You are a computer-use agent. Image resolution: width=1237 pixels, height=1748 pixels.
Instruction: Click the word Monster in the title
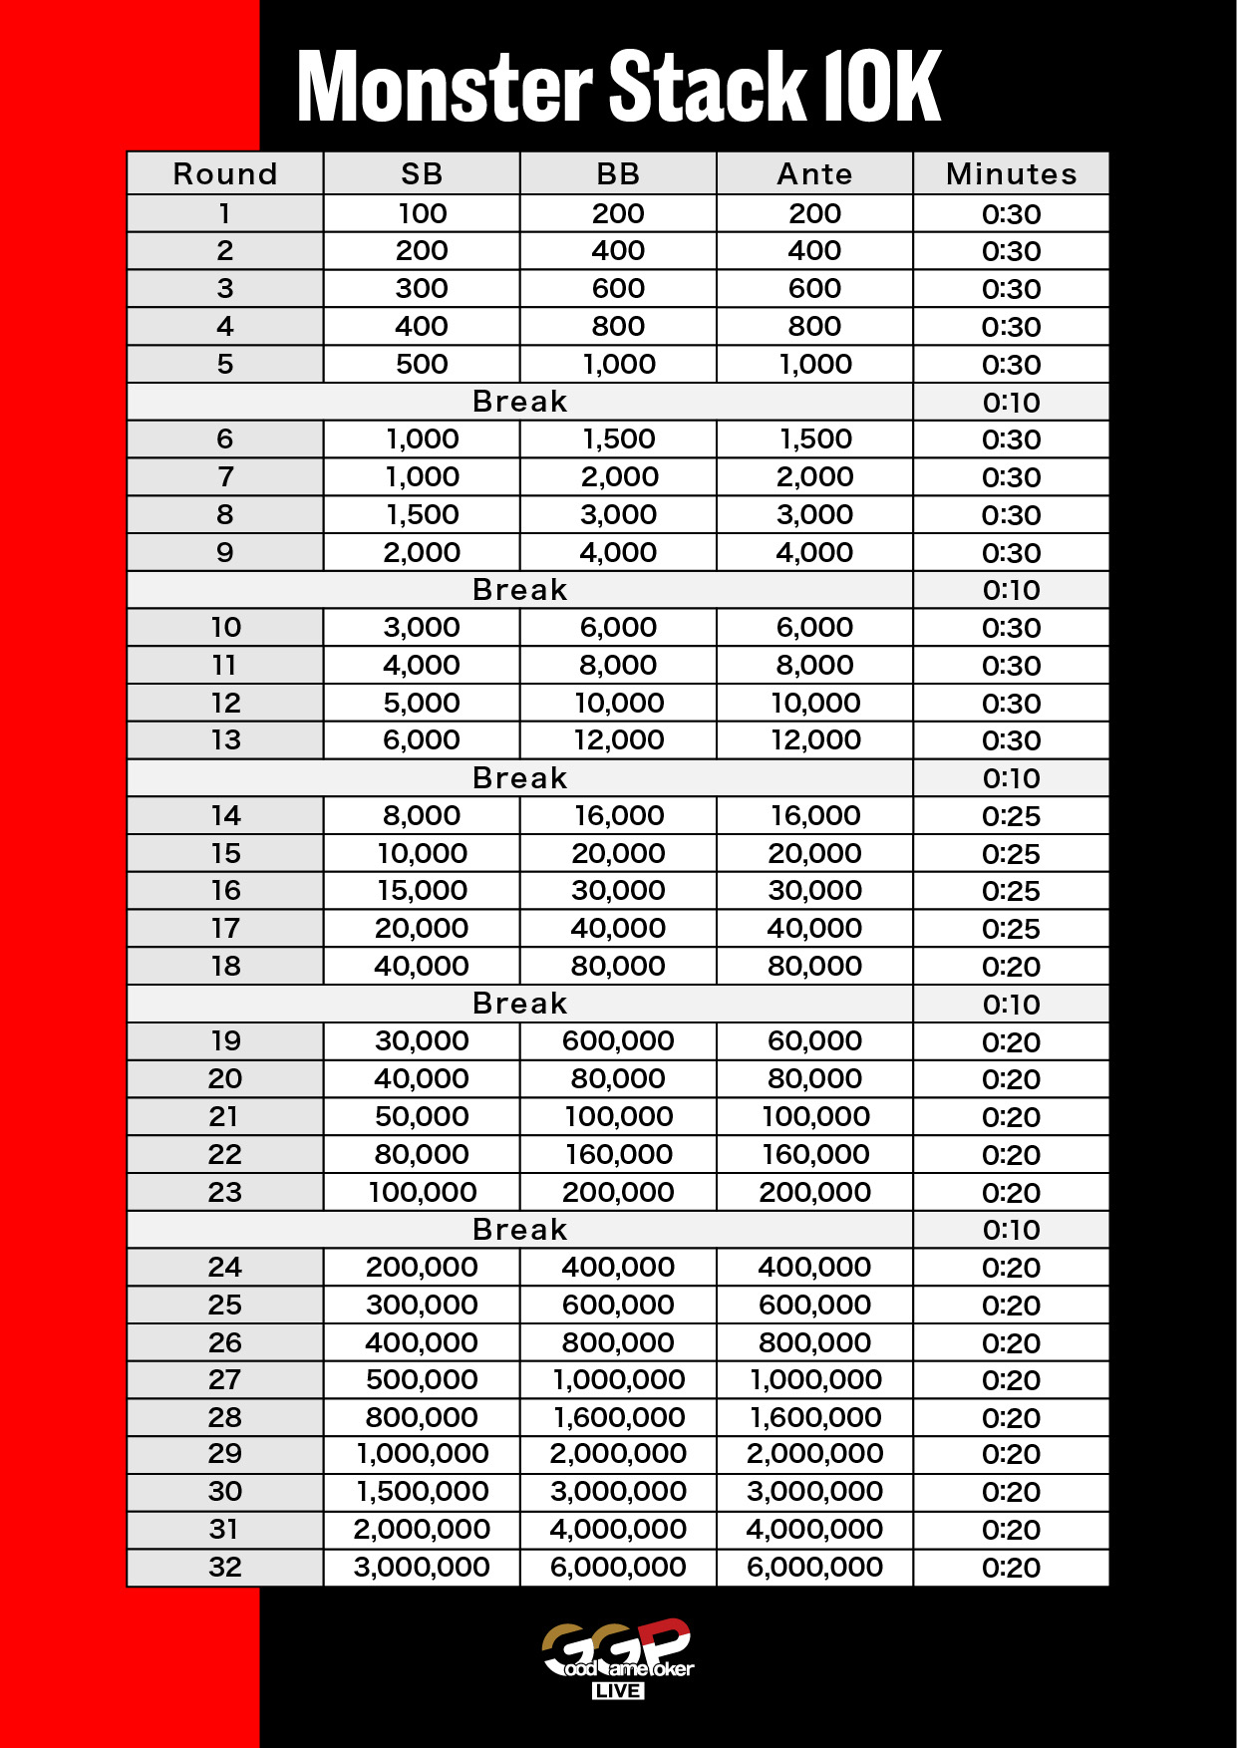[x=445, y=87]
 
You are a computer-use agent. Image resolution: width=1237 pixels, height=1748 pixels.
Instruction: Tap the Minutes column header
[x=1011, y=174]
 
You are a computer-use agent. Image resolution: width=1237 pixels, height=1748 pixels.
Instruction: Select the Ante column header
[x=814, y=174]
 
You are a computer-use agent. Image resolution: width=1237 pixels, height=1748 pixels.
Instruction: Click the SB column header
[x=422, y=174]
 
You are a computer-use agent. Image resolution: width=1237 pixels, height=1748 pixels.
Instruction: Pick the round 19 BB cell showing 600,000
[x=618, y=1041]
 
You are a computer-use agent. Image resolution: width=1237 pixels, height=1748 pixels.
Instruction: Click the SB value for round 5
[x=422, y=365]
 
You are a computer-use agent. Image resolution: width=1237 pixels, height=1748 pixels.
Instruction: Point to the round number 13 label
[x=225, y=740]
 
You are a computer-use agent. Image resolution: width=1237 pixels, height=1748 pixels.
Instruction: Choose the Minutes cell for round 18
[x=1011, y=967]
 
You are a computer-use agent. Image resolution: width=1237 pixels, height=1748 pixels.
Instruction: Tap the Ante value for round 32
[x=814, y=1568]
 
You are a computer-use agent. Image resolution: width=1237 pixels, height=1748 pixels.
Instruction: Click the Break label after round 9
[x=519, y=590]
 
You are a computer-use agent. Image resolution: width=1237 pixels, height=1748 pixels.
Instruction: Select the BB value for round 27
[x=618, y=1380]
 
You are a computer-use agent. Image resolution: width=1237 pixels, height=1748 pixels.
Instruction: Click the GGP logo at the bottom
[x=617, y=1649]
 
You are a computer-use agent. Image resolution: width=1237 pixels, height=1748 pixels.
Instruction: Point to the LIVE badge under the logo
[x=618, y=1691]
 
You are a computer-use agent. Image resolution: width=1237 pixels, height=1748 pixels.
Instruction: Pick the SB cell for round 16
[x=422, y=891]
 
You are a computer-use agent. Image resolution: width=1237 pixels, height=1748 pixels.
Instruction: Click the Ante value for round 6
[x=814, y=439]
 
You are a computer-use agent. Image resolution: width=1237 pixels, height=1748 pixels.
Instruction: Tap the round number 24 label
[x=225, y=1268]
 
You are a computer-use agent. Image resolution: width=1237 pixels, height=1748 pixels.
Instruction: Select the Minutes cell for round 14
[x=1011, y=816]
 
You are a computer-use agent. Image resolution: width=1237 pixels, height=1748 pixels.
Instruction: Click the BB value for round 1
[x=618, y=214]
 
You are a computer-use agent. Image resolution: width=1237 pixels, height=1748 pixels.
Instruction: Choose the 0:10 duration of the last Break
[x=1011, y=1230]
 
